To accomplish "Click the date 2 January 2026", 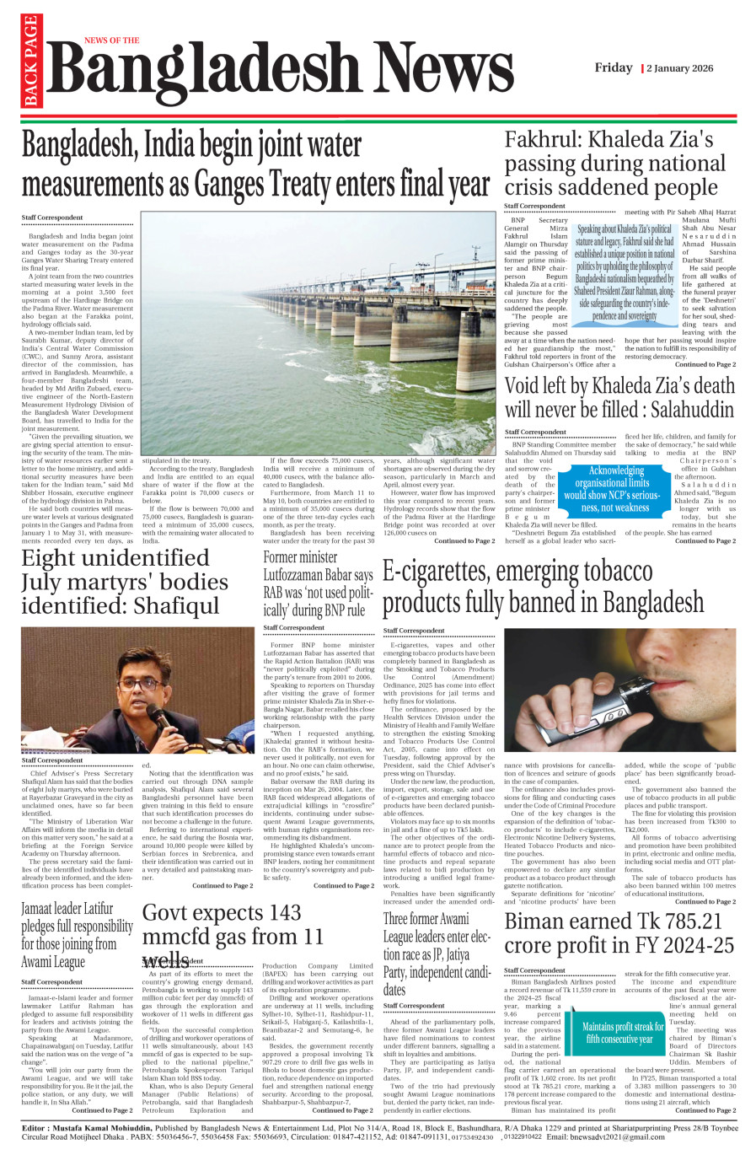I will click(x=679, y=68).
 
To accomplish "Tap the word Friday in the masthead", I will click(x=614, y=67).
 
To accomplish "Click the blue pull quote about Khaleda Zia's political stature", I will click(x=625, y=271).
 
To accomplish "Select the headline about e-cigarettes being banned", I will click(x=543, y=588).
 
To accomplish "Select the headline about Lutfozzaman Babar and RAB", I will click(x=318, y=583).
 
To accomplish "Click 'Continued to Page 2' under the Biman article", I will click(x=705, y=1110).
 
